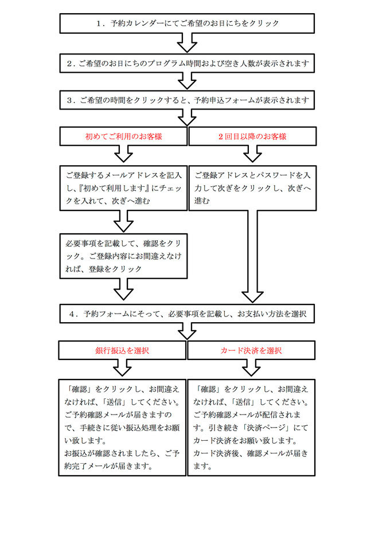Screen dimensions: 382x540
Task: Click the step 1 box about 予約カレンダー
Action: (x=187, y=24)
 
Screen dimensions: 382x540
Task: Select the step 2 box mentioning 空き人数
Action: (x=187, y=63)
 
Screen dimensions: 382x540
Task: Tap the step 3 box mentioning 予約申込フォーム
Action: (x=187, y=100)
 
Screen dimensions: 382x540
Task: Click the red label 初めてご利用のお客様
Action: (x=123, y=136)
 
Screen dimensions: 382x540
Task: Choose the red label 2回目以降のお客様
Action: (x=252, y=136)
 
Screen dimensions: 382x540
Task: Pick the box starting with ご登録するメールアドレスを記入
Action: (x=123, y=188)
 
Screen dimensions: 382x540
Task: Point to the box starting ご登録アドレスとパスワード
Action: (x=252, y=188)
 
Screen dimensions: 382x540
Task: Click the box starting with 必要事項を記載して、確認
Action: (x=123, y=256)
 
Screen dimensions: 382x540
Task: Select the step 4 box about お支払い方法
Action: (x=187, y=314)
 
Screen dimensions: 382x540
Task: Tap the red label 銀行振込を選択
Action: (x=122, y=351)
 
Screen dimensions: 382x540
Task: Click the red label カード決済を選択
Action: (x=251, y=351)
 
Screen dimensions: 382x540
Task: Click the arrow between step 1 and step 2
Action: (x=187, y=43)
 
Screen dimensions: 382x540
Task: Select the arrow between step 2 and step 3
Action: (x=187, y=81)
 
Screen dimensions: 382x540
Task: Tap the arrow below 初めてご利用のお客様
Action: (x=123, y=154)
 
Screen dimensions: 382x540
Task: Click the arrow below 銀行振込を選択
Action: (x=122, y=368)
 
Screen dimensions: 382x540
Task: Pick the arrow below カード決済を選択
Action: (x=251, y=368)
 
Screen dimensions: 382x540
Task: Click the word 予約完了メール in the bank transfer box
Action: (x=90, y=466)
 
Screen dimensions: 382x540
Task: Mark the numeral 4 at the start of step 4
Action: (x=72, y=314)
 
